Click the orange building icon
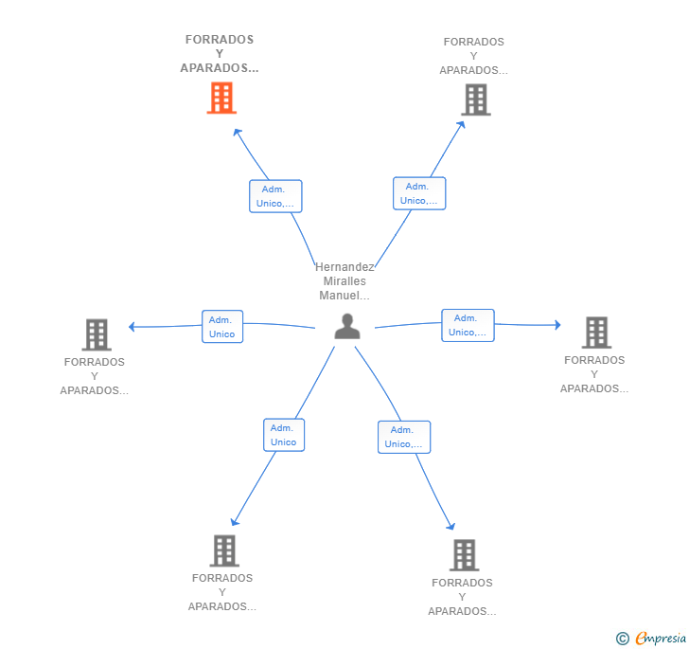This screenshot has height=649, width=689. (x=221, y=98)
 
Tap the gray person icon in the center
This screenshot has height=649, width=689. (x=347, y=326)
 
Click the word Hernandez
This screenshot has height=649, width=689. (x=344, y=266)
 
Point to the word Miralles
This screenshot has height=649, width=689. (x=344, y=281)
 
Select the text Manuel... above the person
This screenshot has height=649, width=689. (x=344, y=296)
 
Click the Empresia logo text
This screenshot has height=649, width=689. (x=661, y=638)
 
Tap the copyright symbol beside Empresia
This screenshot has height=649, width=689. (x=623, y=639)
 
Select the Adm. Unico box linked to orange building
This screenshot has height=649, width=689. (x=275, y=196)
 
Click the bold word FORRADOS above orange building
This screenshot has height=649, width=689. (x=220, y=40)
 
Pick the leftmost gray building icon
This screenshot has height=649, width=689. (x=97, y=334)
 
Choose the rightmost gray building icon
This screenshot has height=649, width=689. (x=596, y=333)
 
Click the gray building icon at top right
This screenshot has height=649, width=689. (x=476, y=99)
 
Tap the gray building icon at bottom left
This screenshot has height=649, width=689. (x=224, y=550)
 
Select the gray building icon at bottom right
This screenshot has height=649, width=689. (x=464, y=555)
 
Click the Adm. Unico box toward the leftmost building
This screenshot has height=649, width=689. (x=222, y=327)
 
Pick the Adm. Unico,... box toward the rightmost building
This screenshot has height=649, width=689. (x=468, y=326)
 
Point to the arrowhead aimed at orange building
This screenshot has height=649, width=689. (x=238, y=132)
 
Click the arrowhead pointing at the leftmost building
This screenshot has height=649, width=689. (x=132, y=327)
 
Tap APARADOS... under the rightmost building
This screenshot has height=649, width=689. (x=594, y=388)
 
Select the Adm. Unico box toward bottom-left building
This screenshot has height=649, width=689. (x=284, y=435)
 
